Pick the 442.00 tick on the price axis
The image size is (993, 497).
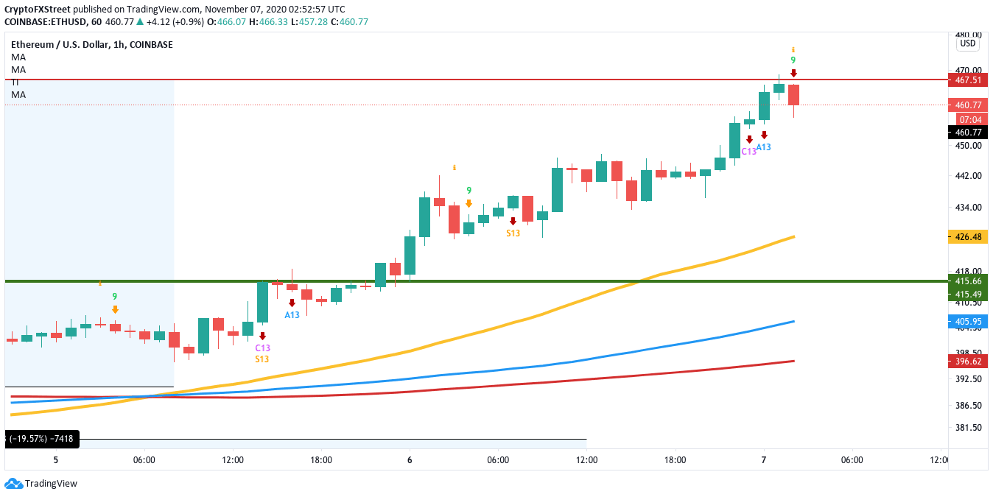tap(966, 176)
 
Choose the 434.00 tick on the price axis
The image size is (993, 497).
tap(966, 208)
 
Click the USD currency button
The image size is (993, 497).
tap(967, 43)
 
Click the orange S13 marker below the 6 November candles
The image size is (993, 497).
tap(513, 233)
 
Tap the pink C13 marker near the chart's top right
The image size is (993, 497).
tap(748, 151)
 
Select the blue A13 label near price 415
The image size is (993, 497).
tap(292, 315)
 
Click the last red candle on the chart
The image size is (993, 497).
tap(793, 95)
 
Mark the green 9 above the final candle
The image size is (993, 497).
tap(793, 60)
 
